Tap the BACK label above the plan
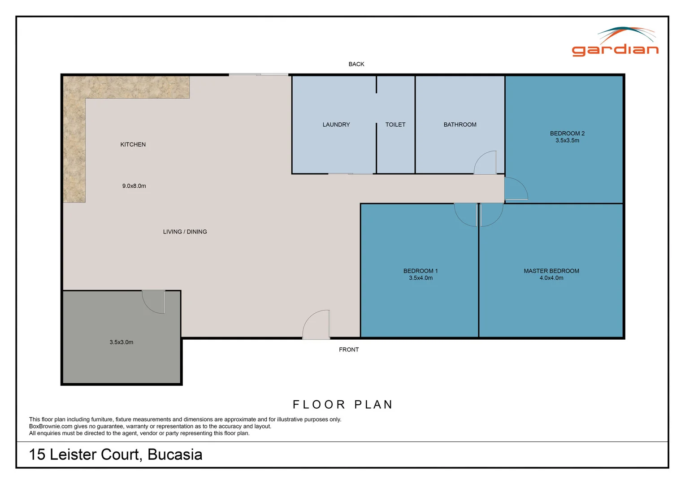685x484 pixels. tap(356, 64)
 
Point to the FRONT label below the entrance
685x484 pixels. tap(349, 350)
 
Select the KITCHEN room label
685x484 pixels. tap(133, 144)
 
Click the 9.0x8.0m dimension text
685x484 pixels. tap(134, 186)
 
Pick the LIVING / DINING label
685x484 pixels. tap(185, 232)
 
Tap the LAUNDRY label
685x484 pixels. tap(336, 125)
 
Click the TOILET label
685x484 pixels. tap(395, 125)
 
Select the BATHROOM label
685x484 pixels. tap(460, 125)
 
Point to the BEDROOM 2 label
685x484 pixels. tap(567, 133)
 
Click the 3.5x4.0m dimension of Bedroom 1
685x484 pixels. tap(421, 278)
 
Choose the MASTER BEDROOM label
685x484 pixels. tap(551, 271)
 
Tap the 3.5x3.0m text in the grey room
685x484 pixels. tap(121, 342)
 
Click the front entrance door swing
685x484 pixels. tap(317, 325)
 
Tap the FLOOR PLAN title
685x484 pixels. tap(343, 405)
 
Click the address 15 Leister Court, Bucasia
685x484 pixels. tap(116, 454)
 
